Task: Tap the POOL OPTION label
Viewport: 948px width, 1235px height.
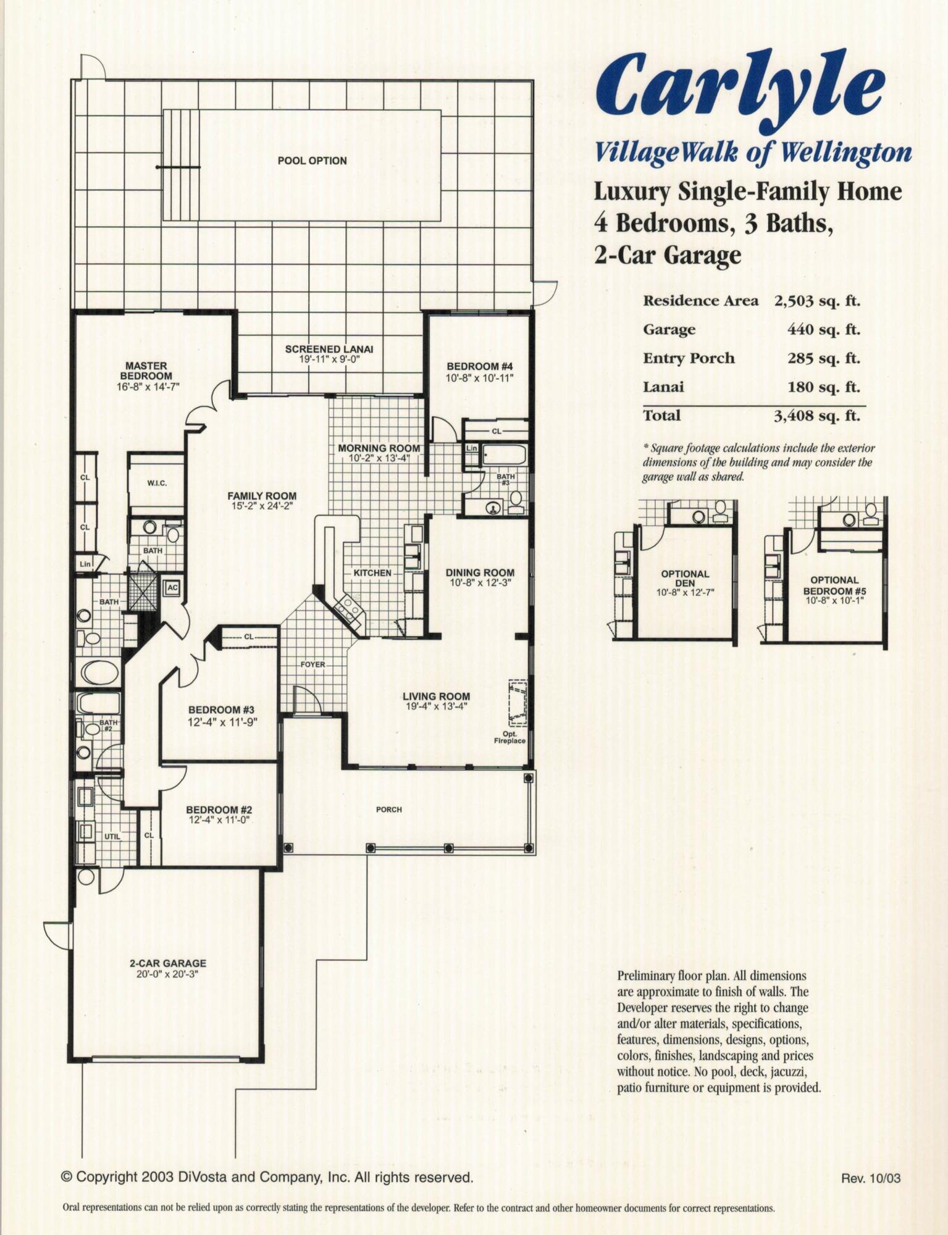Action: tap(312, 161)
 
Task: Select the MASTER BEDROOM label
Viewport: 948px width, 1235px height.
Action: tap(146, 371)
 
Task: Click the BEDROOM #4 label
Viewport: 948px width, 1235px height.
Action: tap(480, 367)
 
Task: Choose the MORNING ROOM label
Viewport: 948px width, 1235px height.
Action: tap(379, 448)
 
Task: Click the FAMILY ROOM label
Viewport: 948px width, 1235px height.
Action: tap(262, 496)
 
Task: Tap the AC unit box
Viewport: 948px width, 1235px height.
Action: tap(172, 588)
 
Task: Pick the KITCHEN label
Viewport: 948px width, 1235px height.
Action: tap(372, 573)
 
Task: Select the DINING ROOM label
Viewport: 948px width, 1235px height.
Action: tap(480, 572)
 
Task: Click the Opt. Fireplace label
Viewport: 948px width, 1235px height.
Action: tap(510, 737)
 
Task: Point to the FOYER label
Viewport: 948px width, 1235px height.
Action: tap(313, 665)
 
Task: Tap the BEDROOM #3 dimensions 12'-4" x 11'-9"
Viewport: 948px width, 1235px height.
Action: tap(222, 721)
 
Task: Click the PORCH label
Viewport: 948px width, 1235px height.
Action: tap(388, 810)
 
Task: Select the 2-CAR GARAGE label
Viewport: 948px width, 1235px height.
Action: tap(168, 963)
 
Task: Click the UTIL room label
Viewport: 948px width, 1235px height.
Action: tap(112, 837)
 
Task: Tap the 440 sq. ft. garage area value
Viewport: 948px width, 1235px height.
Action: tap(823, 330)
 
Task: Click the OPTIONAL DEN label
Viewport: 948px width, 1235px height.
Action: tap(685, 578)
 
